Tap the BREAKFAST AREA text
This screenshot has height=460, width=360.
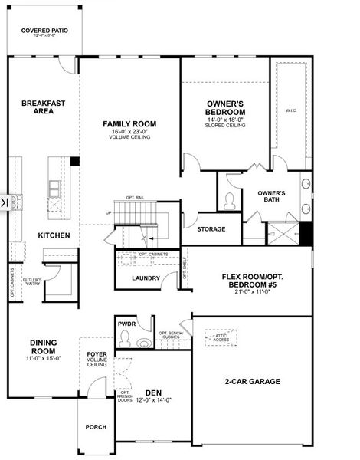43,107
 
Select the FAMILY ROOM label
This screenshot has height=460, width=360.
129,123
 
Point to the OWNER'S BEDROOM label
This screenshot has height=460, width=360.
225,107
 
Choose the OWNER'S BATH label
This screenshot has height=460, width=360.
271,196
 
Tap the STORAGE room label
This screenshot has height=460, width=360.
211,229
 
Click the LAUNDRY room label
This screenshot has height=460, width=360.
145,278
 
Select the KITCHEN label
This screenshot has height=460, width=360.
54,235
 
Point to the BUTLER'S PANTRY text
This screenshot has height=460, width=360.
31,281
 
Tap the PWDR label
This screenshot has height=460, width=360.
126,324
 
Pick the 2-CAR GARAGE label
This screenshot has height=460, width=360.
252,381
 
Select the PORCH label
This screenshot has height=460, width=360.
96,427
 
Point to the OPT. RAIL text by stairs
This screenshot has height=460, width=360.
136,198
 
